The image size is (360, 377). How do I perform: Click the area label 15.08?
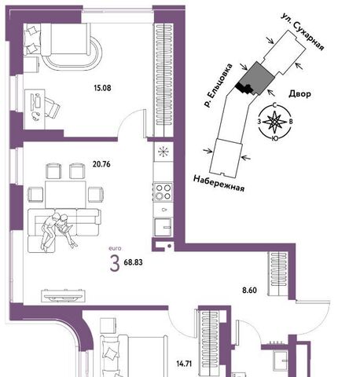click(x=102, y=88)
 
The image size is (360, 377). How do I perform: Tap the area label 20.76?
click(x=101, y=164)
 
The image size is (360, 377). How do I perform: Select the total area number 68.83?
click(x=133, y=262)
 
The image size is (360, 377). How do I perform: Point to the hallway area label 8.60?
click(x=249, y=290)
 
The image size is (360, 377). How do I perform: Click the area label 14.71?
click(x=184, y=364)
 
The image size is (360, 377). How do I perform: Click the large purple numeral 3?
click(x=115, y=264)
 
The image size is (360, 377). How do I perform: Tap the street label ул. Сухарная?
click(x=303, y=31)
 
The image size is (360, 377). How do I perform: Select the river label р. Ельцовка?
click(x=218, y=86)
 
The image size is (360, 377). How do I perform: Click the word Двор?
click(x=299, y=93)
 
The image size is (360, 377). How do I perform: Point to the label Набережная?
click(x=219, y=183)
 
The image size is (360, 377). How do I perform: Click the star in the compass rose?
click(x=274, y=122)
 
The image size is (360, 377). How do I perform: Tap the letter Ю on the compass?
click(x=274, y=138)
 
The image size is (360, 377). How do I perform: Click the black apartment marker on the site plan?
click(x=244, y=88)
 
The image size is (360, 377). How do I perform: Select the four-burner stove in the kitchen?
click(x=163, y=192)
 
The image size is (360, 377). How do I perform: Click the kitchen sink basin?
click(x=163, y=227)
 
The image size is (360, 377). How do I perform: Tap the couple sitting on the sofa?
click(x=57, y=231)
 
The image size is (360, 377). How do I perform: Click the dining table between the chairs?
click(x=65, y=194)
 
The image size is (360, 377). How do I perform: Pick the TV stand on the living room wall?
click(x=64, y=296)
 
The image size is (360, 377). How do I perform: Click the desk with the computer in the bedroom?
click(x=35, y=109)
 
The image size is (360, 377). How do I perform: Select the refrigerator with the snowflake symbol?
click(x=163, y=152)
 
